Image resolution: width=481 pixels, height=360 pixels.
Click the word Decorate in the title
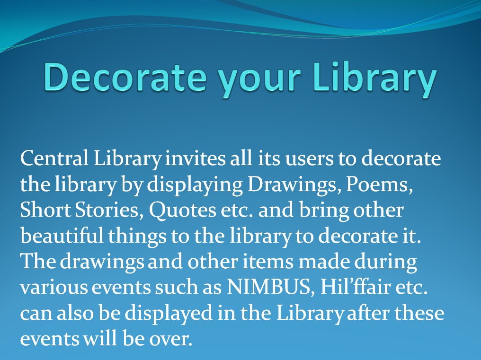coord(125,77)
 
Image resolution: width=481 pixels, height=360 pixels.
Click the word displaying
coord(195,185)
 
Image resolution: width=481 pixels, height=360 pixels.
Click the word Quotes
coord(182,211)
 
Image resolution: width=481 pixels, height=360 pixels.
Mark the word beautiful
coord(62,236)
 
